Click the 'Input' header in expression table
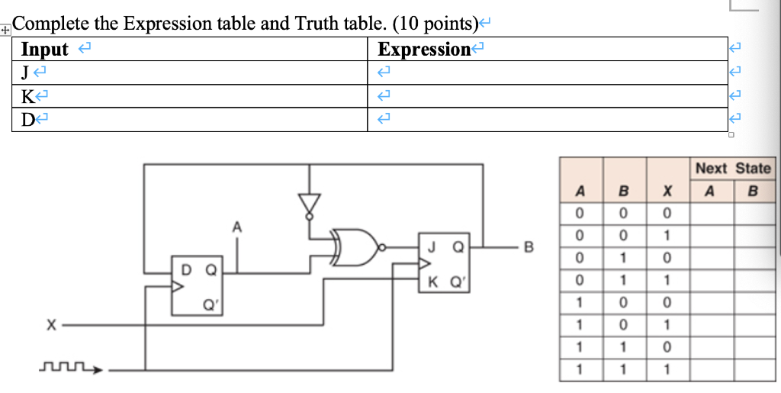[45, 50]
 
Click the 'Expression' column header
[424, 50]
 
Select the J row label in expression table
[26, 73]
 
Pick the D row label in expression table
[27, 120]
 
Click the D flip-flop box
[197, 285]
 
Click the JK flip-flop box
[445, 263]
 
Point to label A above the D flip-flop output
[237, 226]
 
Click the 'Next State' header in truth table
[732, 169]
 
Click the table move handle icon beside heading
[5, 31]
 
